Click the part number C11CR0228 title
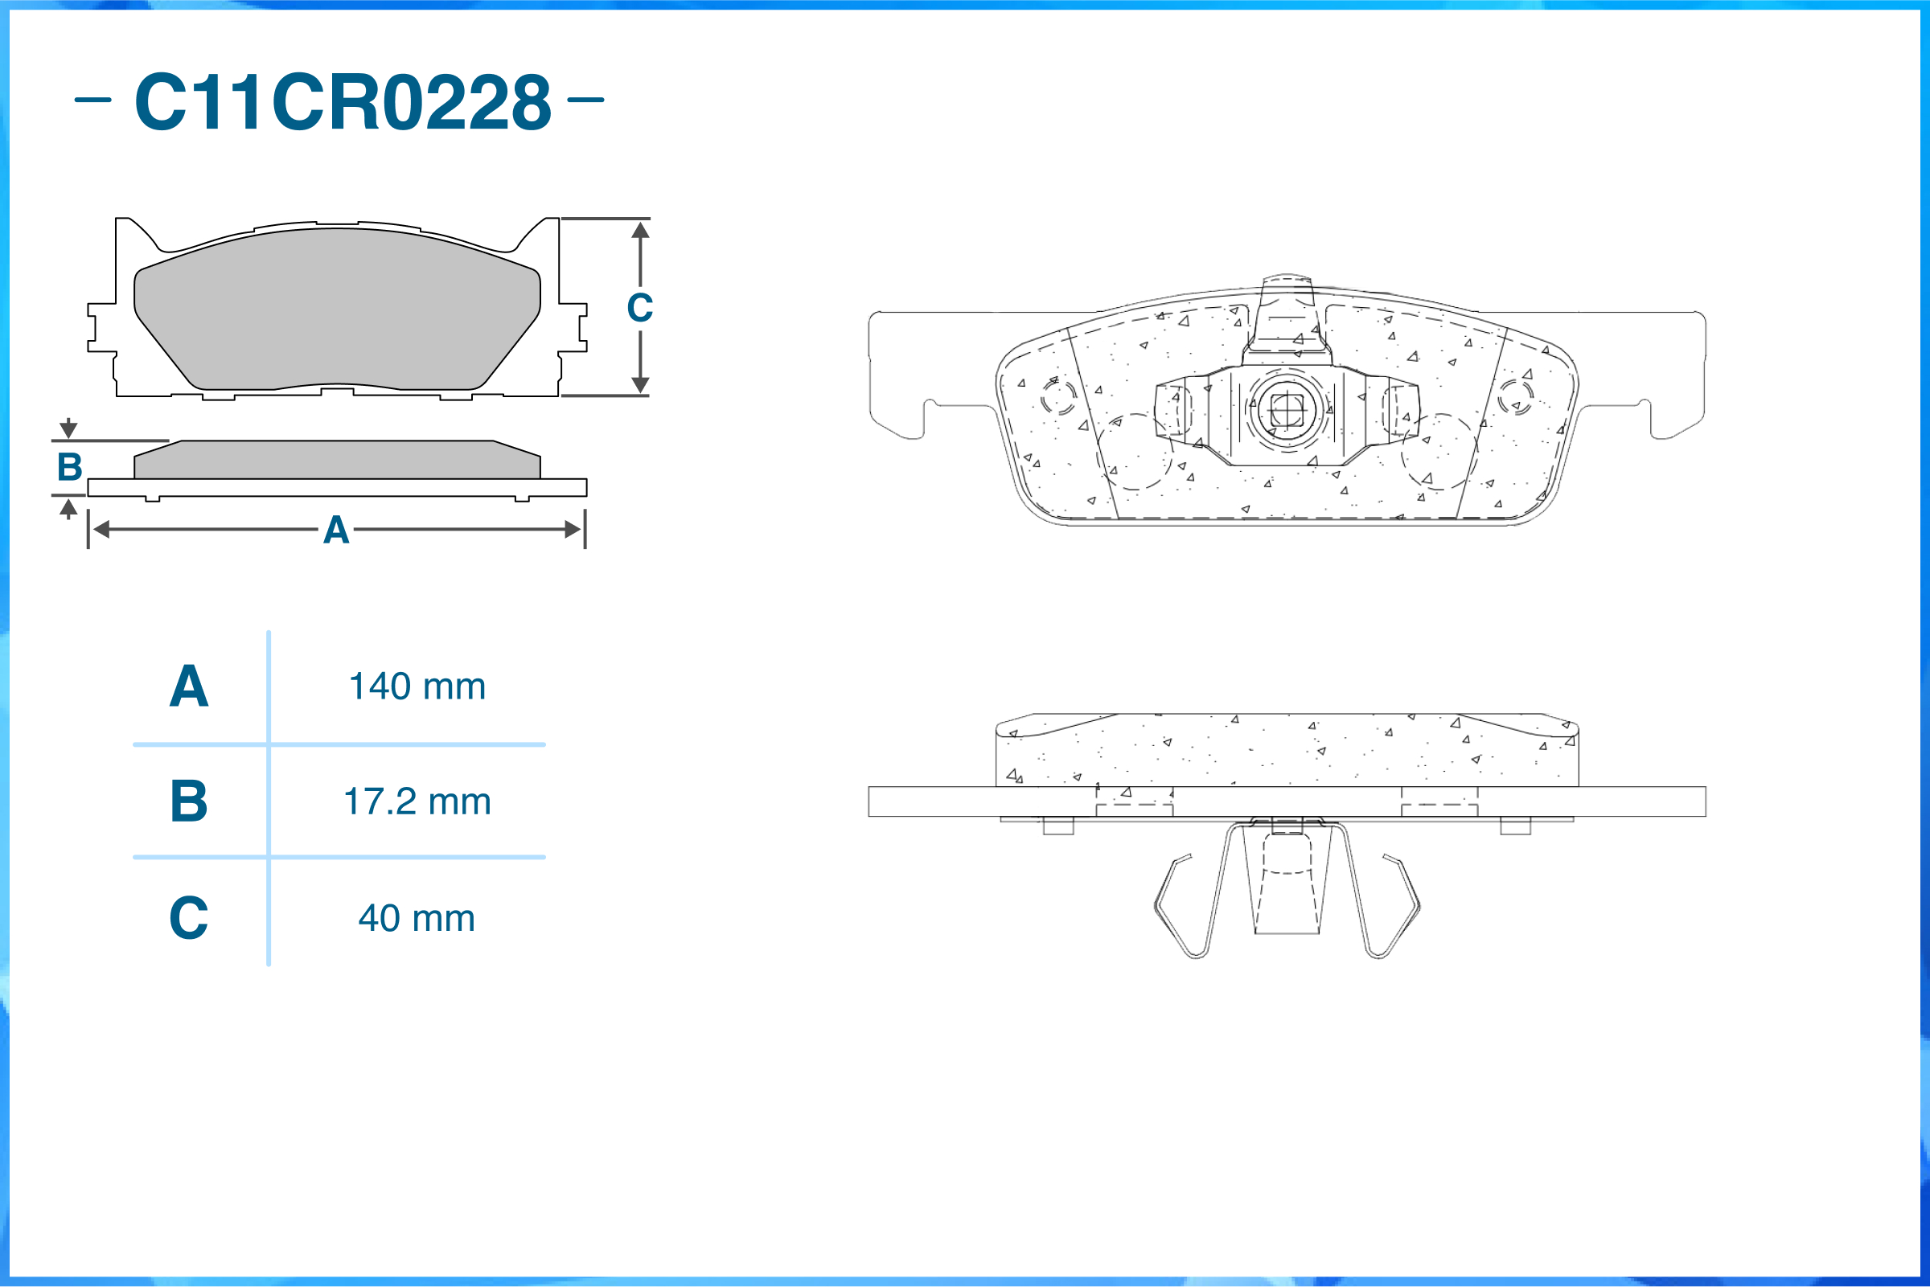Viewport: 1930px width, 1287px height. (x=343, y=101)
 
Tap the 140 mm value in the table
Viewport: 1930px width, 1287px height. (x=417, y=687)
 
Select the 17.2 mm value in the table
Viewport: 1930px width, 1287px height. (x=417, y=801)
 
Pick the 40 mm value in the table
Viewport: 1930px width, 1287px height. (x=417, y=918)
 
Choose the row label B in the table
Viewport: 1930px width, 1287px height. (x=189, y=801)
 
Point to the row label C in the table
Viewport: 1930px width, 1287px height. (x=189, y=917)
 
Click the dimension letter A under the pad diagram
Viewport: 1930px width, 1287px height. (x=336, y=530)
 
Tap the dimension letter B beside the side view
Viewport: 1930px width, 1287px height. (x=70, y=466)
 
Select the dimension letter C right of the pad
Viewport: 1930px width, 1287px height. (x=639, y=308)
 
